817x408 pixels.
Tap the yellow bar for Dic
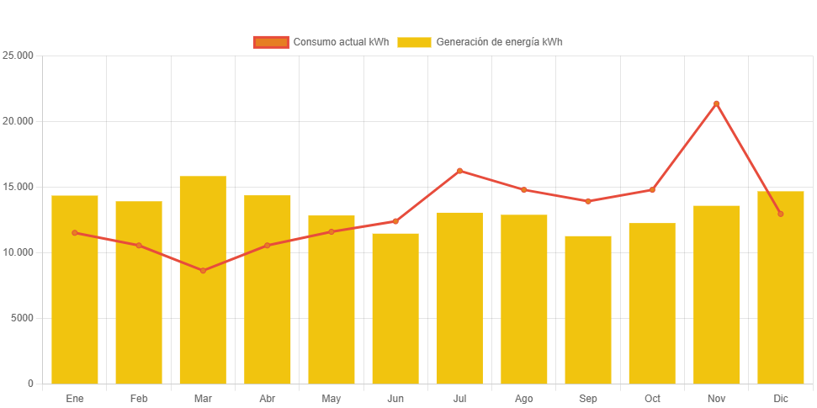point(781,288)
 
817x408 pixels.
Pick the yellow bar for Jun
point(395,309)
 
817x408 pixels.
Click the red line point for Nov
point(717,103)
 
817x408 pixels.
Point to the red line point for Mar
point(203,271)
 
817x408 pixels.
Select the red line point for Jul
point(459,171)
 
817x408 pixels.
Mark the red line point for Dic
point(781,214)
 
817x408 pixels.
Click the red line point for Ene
point(75,233)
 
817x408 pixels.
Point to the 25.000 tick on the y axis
point(18,56)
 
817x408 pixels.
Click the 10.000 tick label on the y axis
point(18,252)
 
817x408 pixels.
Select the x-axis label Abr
point(268,398)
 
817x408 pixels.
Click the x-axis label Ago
point(523,398)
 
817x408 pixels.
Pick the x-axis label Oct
point(652,398)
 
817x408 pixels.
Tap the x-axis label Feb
point(139,398)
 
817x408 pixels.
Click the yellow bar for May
point(332,299)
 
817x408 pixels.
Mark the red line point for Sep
point(588,201)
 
